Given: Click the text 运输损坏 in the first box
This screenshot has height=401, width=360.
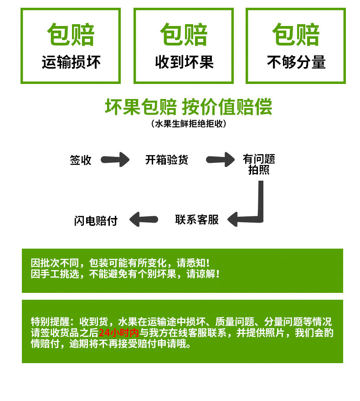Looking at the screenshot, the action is click(71, 62).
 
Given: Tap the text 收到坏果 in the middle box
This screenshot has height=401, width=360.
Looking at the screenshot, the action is click(184, 62).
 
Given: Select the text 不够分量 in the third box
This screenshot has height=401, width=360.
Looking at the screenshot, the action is click(296, 62).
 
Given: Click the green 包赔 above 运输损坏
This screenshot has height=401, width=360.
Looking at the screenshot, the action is click(71, 35).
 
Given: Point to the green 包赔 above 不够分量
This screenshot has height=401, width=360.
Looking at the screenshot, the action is click(296, 35).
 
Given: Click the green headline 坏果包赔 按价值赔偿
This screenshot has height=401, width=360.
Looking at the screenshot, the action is click(189, 107).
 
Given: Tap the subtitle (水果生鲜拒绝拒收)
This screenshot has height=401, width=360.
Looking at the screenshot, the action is click(189, 124).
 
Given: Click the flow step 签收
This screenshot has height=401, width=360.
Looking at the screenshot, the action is click(81, 160).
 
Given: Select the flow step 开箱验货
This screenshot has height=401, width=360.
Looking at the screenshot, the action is click(167, 160).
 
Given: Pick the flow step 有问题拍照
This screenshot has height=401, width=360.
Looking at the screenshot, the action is click(259, 164).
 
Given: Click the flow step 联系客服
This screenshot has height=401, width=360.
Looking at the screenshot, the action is click(197, 220).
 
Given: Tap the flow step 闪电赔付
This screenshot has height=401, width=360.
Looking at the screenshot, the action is click(96, 221).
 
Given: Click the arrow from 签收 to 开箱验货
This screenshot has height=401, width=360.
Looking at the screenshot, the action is click(115, 160).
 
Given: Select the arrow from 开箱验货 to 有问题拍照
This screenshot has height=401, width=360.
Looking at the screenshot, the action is click(220, 160).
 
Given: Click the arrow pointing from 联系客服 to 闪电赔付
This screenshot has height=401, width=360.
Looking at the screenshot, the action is click(144, 219).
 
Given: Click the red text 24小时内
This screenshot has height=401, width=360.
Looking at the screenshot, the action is click(118, 333).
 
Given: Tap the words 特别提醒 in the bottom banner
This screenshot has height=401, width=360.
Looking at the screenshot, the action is click(50, 322).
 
